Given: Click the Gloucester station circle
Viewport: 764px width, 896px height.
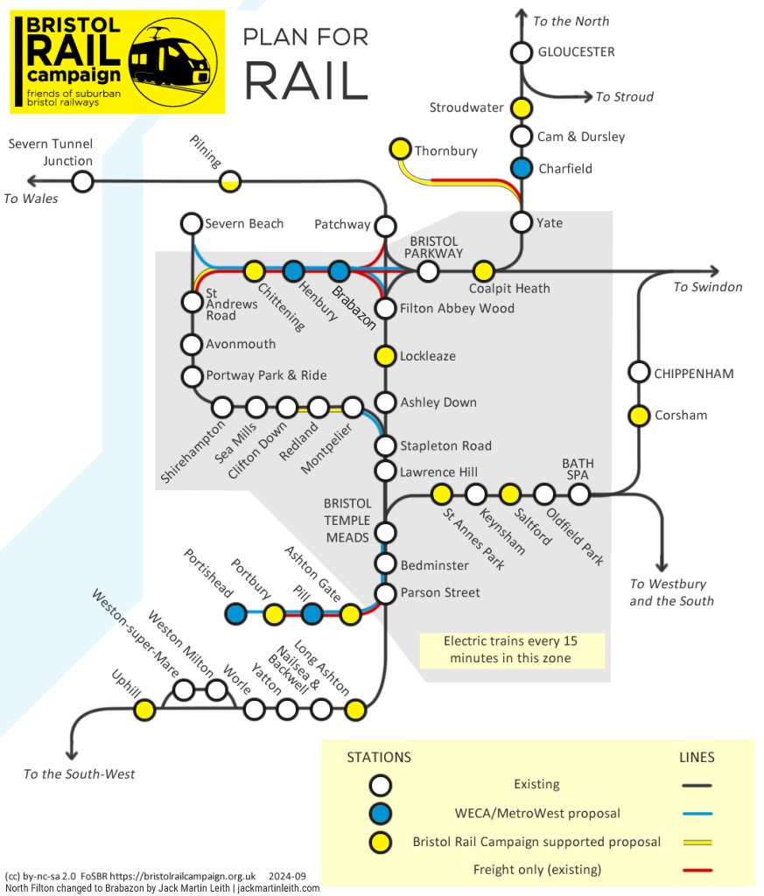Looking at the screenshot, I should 522,52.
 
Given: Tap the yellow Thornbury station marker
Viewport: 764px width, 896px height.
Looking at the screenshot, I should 401,150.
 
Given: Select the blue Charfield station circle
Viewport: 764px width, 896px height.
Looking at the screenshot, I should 522,168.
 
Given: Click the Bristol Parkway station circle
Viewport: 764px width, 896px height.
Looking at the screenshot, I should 428,271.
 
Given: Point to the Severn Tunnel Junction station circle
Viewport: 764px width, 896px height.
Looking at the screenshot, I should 82,182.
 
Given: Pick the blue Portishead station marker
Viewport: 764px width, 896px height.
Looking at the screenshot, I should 235,614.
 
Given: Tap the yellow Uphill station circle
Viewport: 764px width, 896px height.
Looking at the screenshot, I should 145,709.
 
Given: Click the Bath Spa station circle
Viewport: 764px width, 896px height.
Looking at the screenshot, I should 578,494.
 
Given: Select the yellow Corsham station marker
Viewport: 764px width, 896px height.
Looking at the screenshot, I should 640,415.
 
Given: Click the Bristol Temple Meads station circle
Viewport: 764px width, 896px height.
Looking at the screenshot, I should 384,532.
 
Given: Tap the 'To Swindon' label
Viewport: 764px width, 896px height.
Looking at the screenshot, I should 707,287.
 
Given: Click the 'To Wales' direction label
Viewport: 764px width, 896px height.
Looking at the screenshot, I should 31,199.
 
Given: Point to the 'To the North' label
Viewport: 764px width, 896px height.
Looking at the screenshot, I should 571,21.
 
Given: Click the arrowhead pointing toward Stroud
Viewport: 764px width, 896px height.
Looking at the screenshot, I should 586,96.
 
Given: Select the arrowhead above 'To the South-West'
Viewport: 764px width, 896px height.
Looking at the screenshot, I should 71,754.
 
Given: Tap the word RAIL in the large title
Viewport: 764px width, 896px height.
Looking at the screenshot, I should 305,80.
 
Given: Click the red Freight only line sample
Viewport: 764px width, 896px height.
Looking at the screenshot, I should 697,870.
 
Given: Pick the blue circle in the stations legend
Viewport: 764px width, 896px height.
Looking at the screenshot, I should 381,813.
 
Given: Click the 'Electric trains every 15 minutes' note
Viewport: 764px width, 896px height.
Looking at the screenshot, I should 511,649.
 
